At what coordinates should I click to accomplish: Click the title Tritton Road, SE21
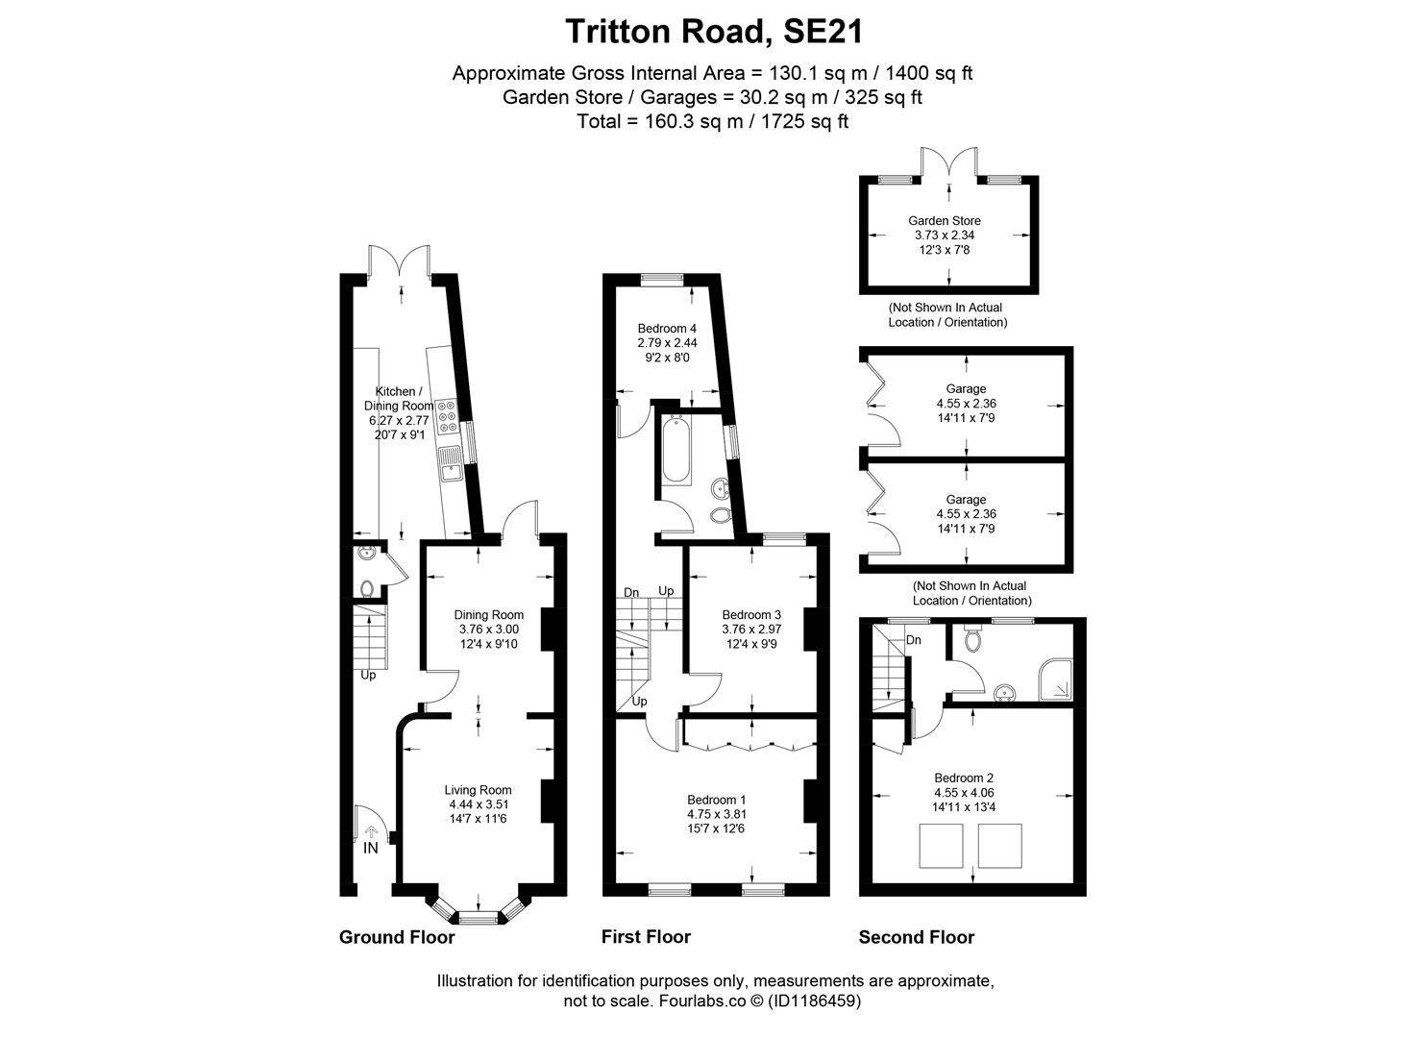pos(713,31)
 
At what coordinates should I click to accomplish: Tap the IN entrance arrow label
pos(370,849)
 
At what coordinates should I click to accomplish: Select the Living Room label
pos(478,790)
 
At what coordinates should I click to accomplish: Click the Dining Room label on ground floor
pos(488,615)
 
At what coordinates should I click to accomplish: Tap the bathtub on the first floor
pos(674,449)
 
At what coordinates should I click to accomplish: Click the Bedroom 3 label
pos(751,615)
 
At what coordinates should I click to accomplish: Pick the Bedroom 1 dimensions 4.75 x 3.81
pos(716,814)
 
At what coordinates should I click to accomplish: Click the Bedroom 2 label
pos(964,778)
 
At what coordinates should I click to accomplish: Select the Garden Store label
pos(945,220)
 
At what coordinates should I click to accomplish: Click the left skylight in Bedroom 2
pos(941,846)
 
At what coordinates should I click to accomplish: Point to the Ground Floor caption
pos(397,937)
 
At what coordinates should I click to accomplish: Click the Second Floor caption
pos(916,937)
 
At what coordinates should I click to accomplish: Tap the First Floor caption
pos(646,937)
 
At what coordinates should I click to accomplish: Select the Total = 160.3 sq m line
pos(713,121)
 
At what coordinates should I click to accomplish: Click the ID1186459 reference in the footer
pos(812,1001)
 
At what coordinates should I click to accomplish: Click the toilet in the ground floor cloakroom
pos(366,588)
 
